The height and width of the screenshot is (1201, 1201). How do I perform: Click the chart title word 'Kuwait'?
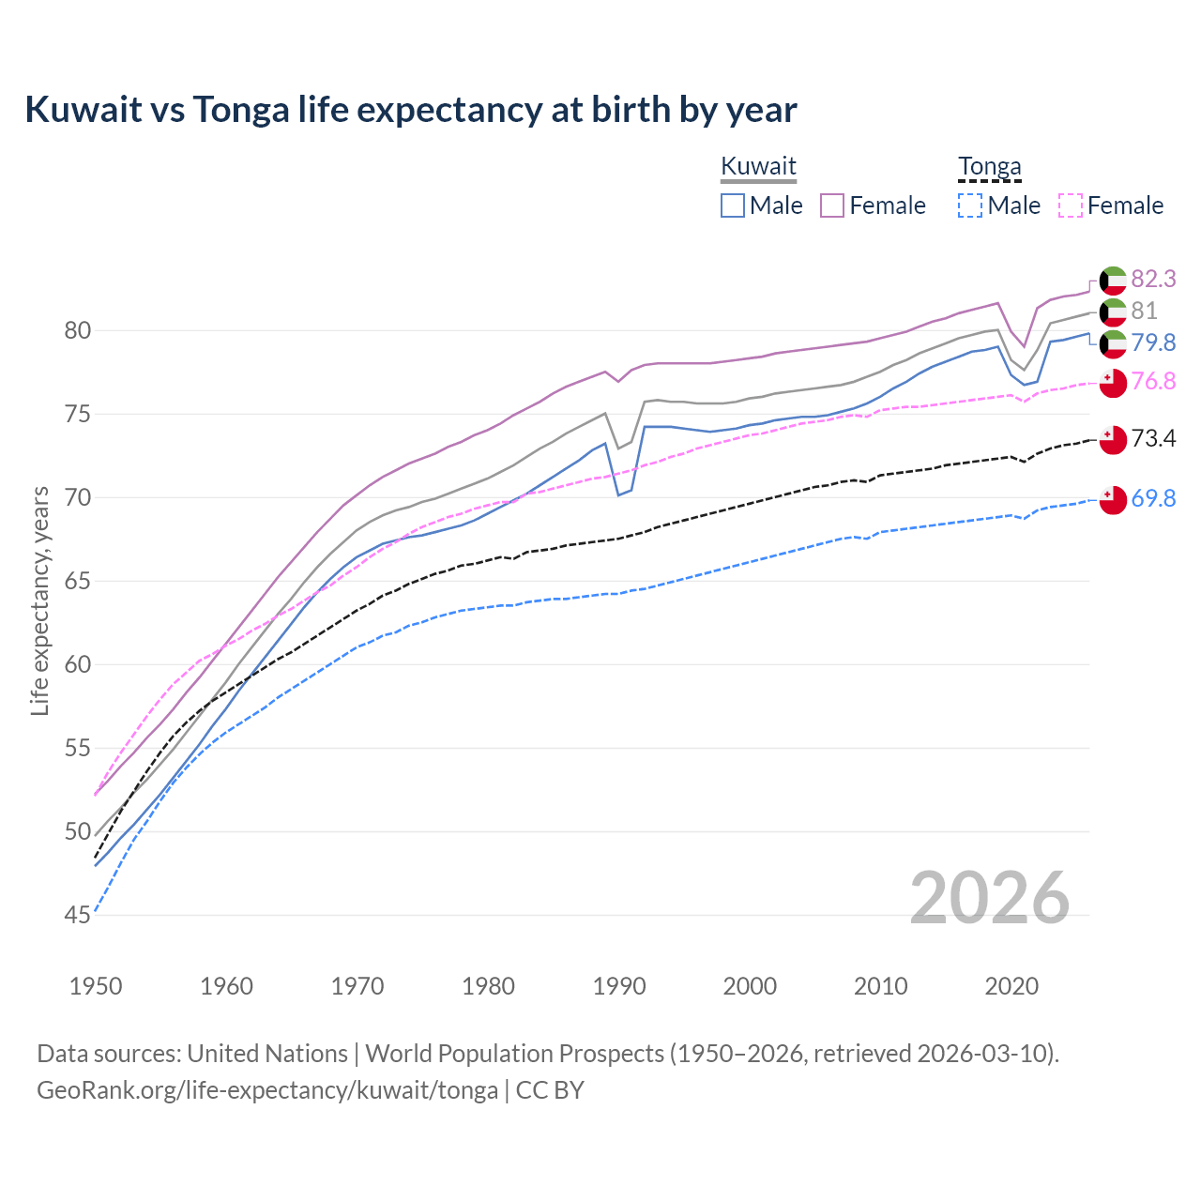point(82,110)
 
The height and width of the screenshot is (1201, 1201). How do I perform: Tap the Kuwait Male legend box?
point(733,205)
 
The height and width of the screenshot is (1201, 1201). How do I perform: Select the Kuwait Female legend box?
point(832,205)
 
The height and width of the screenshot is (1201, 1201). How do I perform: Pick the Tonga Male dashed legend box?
point(970,205)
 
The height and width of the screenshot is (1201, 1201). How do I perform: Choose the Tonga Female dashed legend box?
point(1071,205)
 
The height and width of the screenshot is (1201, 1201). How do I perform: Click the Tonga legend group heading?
point(989,167)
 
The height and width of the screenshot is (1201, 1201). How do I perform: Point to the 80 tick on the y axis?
point(78,330)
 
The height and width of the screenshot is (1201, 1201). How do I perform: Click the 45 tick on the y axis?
point(78,915)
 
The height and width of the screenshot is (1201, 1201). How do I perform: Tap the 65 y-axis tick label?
point(78,581)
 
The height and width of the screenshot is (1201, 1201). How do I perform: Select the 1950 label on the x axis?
point(96,986)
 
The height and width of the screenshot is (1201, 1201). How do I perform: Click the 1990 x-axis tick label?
point(619,986)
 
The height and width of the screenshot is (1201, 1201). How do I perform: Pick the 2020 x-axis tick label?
point(1011,986)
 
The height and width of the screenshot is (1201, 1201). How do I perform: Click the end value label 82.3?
point(1153,280)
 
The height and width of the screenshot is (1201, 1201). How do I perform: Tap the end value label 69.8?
point(1153,499)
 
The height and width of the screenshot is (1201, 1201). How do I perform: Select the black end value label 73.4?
point(1153,439)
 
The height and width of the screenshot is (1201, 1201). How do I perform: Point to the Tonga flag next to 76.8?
point(1113,383)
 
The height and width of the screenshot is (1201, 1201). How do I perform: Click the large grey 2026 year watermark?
point(989,898)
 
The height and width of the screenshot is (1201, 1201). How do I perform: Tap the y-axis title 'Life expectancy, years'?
point(39,600)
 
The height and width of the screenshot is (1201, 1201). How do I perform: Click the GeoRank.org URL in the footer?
point(267,1090)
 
